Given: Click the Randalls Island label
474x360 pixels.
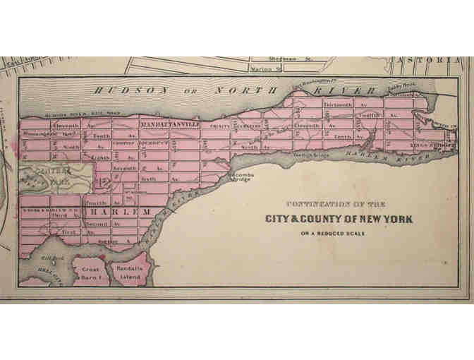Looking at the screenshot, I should point(131,274).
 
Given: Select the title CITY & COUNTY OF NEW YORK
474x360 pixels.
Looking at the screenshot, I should point(339,219).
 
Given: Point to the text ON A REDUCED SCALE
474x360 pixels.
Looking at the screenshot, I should point(339,234).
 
